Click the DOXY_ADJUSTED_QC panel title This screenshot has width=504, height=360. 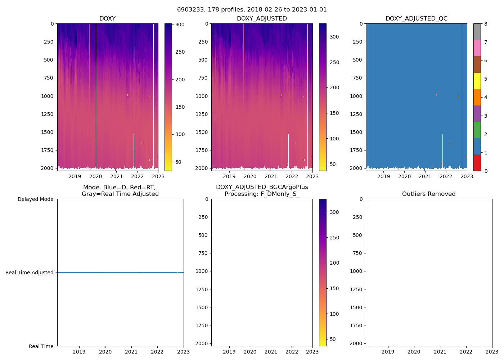[x=416, y=19]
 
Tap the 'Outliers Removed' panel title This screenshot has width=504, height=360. [x=428, y=194]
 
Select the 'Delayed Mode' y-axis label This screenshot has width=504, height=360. [x=35, y=199]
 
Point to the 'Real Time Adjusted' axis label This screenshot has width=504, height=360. [x=30, y=273]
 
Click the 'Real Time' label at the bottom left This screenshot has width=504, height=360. [x=41, y=346]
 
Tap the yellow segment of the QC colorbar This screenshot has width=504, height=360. [x=477, y=81]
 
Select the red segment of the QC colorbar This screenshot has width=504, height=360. [x=477, y=163]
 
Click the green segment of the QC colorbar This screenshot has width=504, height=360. [x=477, y=130]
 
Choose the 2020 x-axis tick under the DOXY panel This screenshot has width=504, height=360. [x=95, y=176]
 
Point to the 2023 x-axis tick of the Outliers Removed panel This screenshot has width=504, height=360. [x=492, y=352]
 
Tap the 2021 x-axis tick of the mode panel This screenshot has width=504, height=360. [x=131, y=352]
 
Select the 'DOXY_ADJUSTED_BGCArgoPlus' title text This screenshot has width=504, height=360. [x=262, y=187]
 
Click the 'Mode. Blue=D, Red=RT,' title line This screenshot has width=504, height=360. [x=119, y=188]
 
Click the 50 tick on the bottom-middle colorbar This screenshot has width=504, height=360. [x=333, y=339]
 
